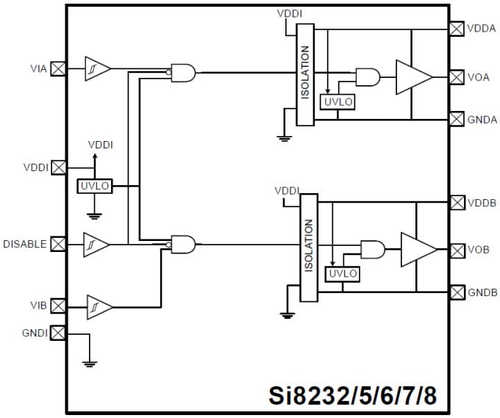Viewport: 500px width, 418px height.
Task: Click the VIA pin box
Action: coord(57,69)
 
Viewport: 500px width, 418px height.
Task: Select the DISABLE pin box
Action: coord(57,244)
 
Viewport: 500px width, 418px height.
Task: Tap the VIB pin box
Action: coord(57,305)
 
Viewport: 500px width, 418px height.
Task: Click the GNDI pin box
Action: coord(57,333)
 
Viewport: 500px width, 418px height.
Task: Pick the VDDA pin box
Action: coord(457,28)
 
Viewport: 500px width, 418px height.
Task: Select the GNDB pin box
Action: coord(457,292)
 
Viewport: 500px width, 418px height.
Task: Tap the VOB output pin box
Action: coord(457,250)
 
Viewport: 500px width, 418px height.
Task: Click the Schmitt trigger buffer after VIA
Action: coord(97,69)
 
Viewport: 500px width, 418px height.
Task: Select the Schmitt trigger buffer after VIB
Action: coord(99,306)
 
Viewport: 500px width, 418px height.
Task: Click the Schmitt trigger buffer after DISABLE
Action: coord(96,244)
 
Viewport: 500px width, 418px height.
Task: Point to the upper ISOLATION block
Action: coord(305,73)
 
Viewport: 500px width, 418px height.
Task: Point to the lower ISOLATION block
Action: coord(309,247)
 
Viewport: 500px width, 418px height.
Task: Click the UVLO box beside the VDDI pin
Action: coord(94,186)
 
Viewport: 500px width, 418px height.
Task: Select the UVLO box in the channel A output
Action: coord(338,102)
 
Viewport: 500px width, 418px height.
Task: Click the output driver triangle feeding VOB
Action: coord(417,250)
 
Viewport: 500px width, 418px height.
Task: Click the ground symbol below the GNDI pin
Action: coord(90,362)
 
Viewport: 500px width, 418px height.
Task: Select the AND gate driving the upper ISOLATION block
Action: coord(183,72)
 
